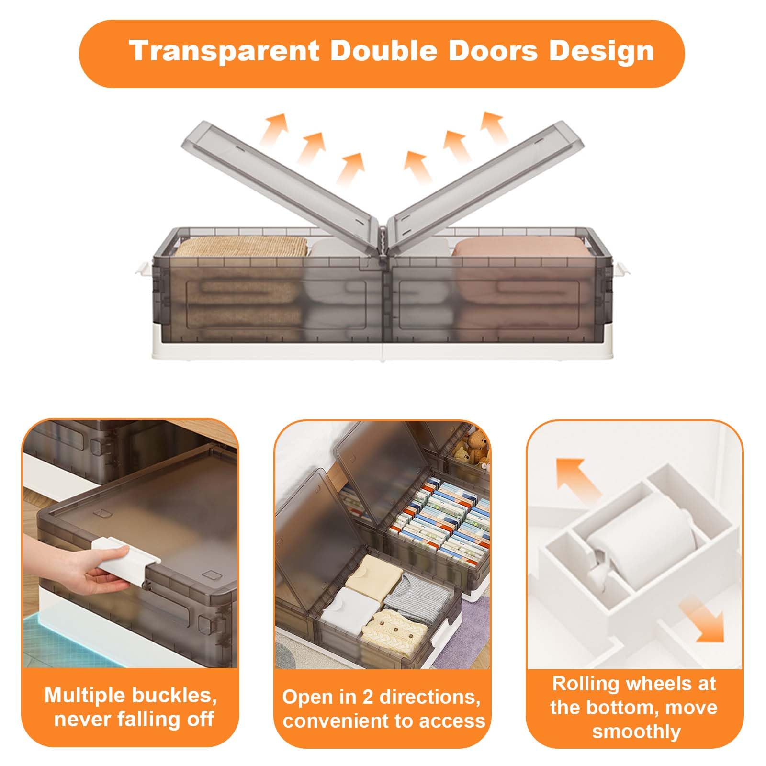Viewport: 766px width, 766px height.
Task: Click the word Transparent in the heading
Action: [224, 51]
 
